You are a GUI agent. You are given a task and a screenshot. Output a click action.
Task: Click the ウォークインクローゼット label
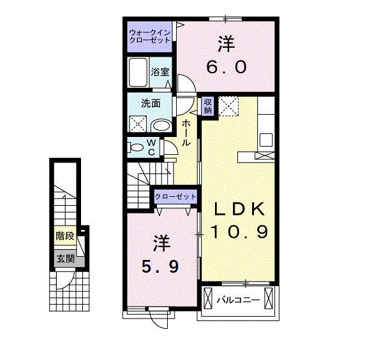pos(150,36)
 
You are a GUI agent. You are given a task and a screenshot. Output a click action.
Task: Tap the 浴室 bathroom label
pos(160,71)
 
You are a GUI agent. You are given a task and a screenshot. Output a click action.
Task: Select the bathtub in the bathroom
pos(138,72)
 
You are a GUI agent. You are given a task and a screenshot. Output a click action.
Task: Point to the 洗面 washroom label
pos(151,103)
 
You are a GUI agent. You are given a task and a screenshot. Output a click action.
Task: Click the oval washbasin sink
pos(161,126)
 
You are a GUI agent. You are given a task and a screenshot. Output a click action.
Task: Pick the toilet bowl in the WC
pos(136,148)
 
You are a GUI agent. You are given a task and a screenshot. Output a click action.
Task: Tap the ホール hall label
pos(186,133)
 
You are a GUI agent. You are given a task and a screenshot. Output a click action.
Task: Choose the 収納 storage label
pos(208,106)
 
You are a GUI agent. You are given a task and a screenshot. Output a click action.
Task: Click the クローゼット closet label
pos(175,196)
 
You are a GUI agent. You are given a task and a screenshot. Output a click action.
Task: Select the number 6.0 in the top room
pos(226,67)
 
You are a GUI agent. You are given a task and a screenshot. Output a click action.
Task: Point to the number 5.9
pos(160,267)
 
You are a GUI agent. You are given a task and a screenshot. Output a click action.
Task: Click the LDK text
pos(239,208)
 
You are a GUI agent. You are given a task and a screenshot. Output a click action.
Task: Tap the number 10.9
pos(239,231)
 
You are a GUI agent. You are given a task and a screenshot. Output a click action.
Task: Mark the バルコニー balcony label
pos(238,300)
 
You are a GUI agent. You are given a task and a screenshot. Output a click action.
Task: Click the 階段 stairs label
pos(65,236)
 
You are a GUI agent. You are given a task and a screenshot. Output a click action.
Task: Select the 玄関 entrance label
pos(65,259)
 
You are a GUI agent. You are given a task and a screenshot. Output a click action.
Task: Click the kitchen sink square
pos(266,140)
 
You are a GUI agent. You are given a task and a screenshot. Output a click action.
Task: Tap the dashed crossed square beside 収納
pos(228,106)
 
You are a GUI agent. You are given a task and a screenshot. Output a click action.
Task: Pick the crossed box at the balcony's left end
pos(208,298)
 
